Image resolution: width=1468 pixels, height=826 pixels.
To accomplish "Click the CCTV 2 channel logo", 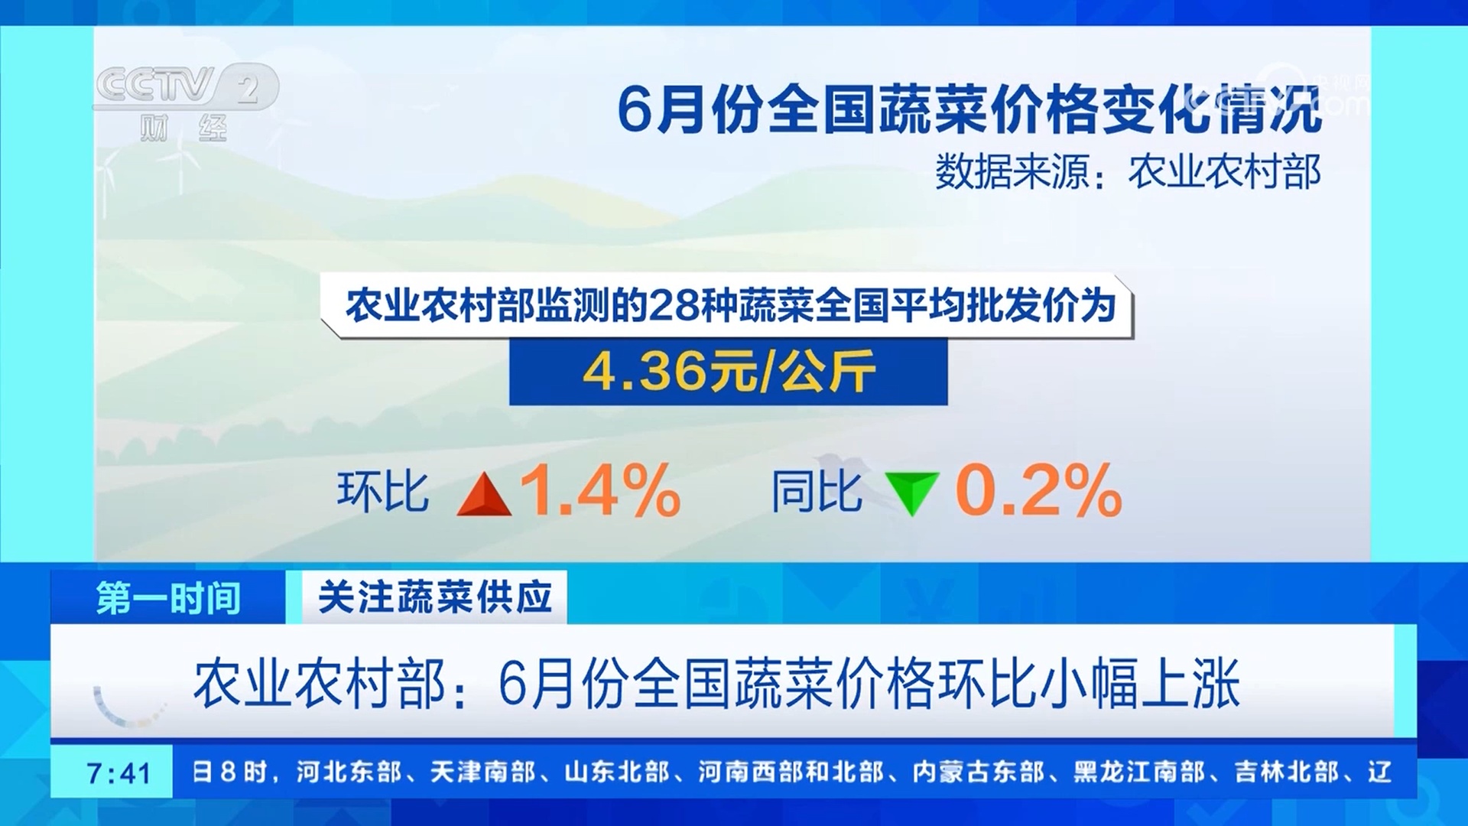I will tap(186, 86).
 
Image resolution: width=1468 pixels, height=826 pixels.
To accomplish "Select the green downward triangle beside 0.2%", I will tap(911, 493).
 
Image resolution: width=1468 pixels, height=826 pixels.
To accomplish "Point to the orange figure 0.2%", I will tap(1038, 490).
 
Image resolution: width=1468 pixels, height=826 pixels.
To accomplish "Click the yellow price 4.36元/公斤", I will tap(729, 372).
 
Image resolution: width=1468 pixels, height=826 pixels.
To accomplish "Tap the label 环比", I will tap(383, 491).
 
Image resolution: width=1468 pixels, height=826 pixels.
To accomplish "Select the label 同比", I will tap(817, 491).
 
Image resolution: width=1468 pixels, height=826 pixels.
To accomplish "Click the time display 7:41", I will tap(119, 773).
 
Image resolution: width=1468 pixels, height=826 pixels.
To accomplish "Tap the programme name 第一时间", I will tap(168, 597).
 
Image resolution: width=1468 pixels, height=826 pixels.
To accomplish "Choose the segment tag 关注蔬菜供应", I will tap(434, 597).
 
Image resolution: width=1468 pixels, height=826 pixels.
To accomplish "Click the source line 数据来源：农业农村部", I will tap(1128, 171).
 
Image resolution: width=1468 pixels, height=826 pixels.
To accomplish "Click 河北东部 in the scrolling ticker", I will tap(349, 772).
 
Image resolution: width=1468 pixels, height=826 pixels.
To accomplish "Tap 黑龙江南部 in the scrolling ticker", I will tap(1138, 772).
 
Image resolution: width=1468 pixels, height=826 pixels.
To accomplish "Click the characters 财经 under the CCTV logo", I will tap(183, 128).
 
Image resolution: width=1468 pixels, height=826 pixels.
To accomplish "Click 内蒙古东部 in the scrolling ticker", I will tap(978, 772).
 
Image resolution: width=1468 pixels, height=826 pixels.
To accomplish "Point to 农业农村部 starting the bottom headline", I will tap(320, 683).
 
